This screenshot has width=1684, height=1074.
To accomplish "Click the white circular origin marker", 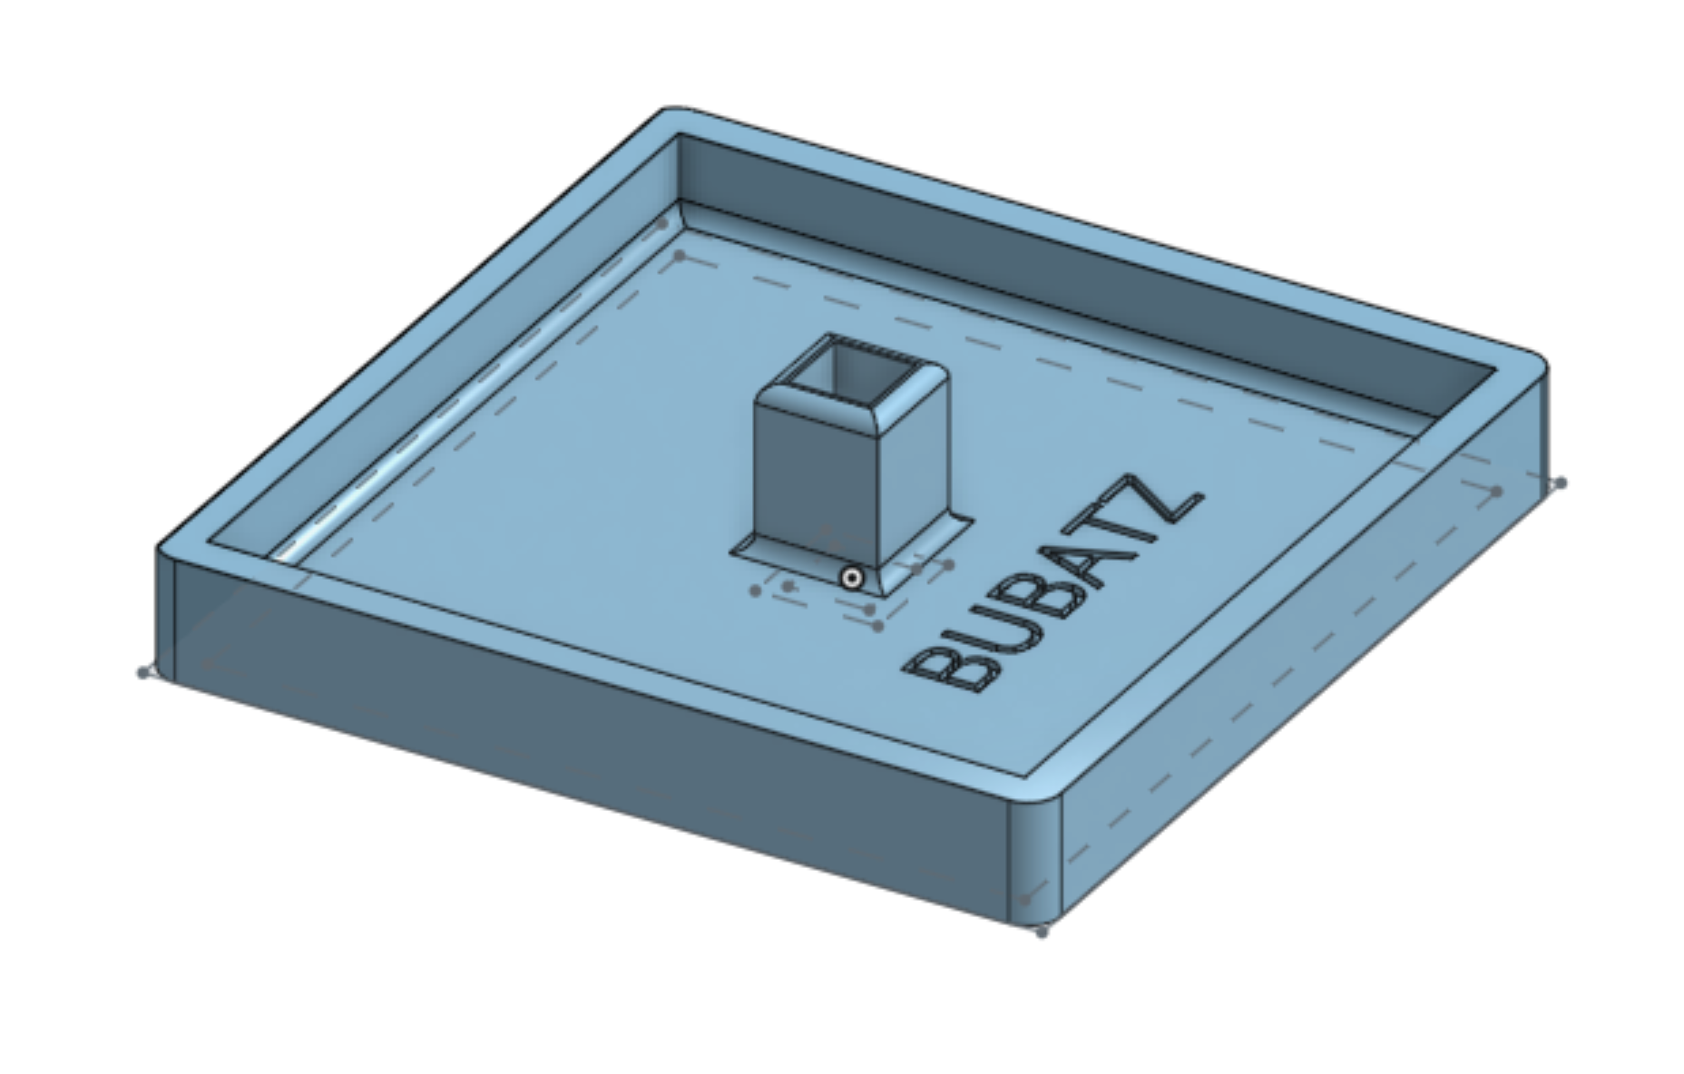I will click(x=851, y=578).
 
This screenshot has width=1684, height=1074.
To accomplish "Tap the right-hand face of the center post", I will click(x=915, y=472).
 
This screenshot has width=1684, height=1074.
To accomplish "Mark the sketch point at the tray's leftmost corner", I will click(x=143, y=672).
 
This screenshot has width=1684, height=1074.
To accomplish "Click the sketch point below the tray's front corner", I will click(x=1041, y=932).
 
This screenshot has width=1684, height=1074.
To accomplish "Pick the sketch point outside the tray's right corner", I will click(x=1560, y=483).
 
